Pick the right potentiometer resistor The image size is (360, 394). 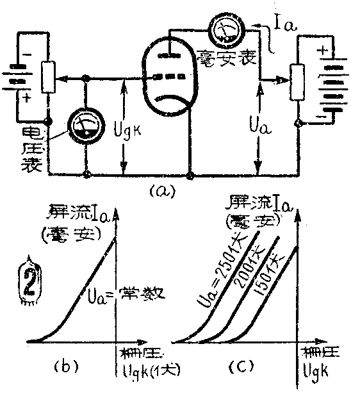click(x=297, y=82)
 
